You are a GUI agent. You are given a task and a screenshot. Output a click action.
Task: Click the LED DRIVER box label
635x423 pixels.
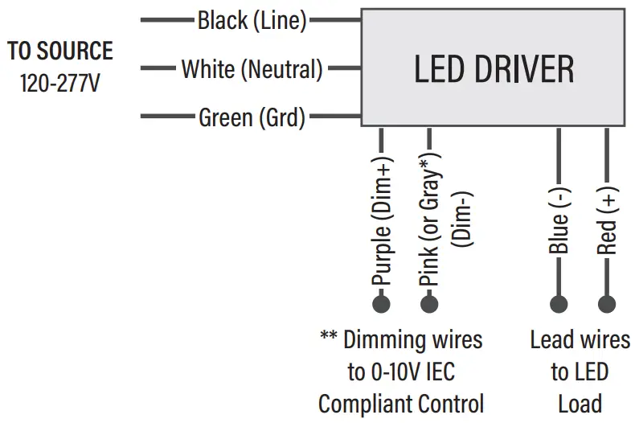(x=494, y=70)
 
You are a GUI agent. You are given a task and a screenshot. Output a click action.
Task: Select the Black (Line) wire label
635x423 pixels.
(x=252, y=21)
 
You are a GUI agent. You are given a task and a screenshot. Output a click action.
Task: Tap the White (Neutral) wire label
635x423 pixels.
(x=252, y=69)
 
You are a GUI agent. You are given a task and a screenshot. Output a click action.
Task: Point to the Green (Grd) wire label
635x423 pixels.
(x=252, y=118)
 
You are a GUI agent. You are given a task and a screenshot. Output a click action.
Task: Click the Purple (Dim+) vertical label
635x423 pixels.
(x=381, y=228)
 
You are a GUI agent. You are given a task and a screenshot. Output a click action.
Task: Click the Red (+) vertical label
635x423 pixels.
(x=607, y=222)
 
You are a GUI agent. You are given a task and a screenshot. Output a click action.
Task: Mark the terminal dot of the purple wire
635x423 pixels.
(x=381, y=304)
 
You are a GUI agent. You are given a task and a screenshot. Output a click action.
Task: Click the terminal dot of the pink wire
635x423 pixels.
(x=429, y=304)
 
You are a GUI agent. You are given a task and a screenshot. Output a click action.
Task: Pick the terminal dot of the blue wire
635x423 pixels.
(x=559, y=304)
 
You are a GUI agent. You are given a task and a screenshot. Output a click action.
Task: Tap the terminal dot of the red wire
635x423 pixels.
(x=607, y=304)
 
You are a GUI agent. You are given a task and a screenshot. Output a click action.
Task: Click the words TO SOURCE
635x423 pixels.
(x=60, y=51)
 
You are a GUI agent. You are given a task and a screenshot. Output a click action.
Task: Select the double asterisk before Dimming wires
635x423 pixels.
(x=328, y=338)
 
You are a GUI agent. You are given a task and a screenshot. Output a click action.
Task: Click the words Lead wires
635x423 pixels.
(x=579, y=339)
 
